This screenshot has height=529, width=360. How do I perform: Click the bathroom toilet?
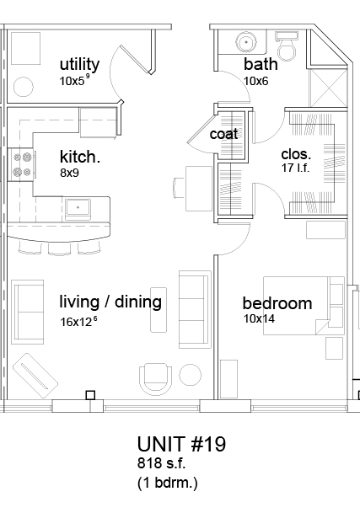287,45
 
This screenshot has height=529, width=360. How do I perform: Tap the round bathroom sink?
246,42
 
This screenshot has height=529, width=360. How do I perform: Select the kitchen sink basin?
78,208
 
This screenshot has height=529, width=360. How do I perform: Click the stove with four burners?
20,164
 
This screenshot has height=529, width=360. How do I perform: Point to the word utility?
80,64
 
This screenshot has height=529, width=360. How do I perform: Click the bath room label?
261,64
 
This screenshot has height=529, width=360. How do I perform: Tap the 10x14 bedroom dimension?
259,318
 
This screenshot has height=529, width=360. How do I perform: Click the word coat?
223,134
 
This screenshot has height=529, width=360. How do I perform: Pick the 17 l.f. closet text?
295,168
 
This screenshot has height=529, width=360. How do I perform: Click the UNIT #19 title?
182,444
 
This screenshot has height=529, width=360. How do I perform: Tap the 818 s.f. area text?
161,463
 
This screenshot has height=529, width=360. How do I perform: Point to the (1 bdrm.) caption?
167,483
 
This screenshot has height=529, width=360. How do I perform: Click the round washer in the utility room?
24,87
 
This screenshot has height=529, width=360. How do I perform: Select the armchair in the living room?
155,379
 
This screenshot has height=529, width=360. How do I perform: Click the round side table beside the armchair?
191,375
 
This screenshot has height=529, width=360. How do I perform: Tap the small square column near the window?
90,395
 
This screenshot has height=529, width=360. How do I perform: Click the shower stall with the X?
328,88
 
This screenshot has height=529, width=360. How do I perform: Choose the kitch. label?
80,157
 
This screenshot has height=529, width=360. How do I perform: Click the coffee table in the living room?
159,310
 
